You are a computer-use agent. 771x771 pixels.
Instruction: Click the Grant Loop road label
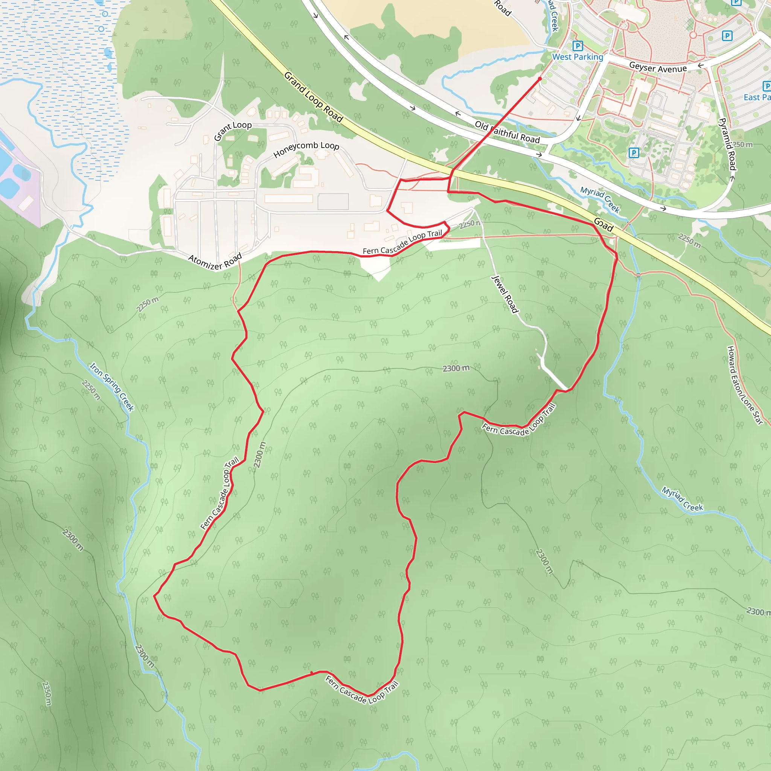(233, 131)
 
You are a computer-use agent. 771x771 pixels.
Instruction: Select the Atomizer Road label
(215, 261)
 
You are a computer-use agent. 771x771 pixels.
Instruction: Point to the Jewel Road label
(505, 294)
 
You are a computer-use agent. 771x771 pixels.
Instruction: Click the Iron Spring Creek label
(112, 386)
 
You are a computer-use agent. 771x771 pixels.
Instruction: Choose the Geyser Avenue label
(658, 68)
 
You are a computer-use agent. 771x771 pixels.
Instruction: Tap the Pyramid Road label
(727, 144)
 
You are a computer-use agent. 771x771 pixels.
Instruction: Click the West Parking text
(577, 57)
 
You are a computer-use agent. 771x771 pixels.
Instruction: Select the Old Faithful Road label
(507, 132)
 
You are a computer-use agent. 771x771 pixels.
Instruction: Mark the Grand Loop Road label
(314, 97)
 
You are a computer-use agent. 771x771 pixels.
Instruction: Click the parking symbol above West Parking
(577, 46)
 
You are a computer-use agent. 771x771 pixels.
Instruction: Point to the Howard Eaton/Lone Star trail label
(745, 385)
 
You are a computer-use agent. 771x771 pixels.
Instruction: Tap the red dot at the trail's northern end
(540, 79)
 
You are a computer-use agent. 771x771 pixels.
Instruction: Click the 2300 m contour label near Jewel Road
(456, 368)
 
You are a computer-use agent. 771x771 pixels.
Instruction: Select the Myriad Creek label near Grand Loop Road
(600, 200)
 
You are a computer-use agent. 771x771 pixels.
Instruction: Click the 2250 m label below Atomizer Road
(147, 305)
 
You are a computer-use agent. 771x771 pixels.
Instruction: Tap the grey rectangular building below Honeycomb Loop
(333, 201)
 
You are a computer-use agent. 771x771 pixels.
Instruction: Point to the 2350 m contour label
(47, 693)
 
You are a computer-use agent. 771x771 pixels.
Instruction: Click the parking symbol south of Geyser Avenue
(634, 153)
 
